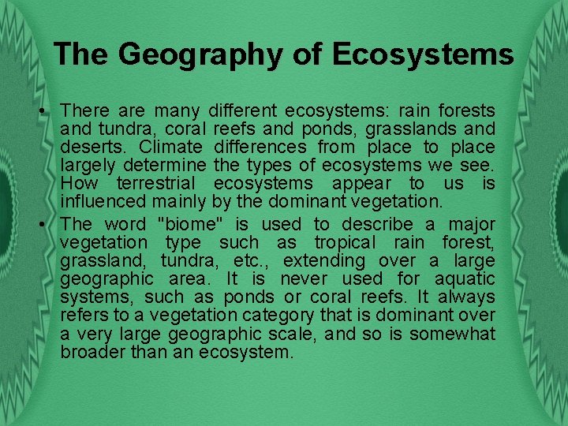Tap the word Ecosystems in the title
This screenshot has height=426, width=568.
[x=423, y=54]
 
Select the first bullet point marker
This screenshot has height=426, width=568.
[x=48, y=110]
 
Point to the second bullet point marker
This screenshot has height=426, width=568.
[x=48, y=224]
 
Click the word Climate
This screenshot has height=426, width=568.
[x=170, y=148]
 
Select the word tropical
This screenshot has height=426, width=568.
[x=342, y=243]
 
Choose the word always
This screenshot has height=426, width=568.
[x=466, y=297]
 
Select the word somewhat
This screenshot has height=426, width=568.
[x=452, y=334]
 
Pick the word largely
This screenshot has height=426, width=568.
[x=89, y=166]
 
